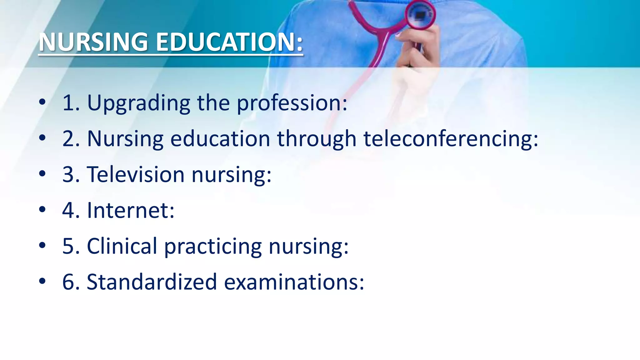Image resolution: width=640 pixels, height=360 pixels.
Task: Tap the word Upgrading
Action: point(138,103)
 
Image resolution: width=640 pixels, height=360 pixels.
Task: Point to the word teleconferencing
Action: point(450,139)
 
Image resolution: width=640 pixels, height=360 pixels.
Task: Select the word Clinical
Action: point(122,246)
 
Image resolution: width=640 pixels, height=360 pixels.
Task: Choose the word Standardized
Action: point(152,282)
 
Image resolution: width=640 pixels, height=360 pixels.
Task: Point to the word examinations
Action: point(294,282)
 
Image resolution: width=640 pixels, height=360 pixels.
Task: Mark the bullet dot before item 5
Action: point(42,246)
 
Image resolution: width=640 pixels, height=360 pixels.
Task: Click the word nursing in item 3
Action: point(231,175)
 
